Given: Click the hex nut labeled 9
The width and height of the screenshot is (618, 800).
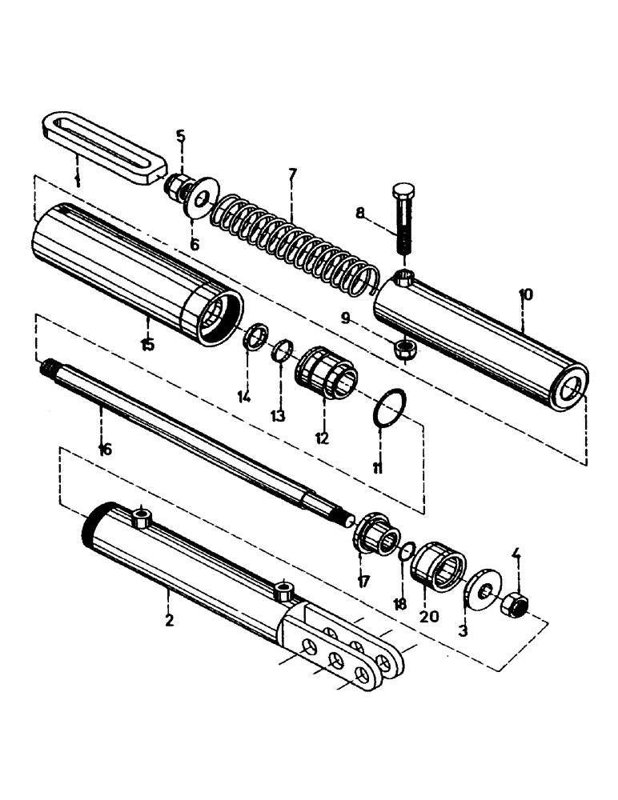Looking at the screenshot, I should tap(403, 348).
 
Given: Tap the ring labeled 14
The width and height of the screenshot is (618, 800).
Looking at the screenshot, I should tap(255, 337).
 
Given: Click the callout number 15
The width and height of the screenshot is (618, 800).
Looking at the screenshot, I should tap(147, 345).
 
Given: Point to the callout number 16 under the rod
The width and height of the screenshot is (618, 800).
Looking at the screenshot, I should tap(104, 450).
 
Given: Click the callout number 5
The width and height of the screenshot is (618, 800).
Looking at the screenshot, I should tap(181, 136).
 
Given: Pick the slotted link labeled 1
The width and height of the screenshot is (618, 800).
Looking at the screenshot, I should tap(100, 148).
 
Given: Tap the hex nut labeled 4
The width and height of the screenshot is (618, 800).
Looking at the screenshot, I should tap(513, 607).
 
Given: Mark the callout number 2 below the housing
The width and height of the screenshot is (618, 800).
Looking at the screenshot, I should tap(168, 619).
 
